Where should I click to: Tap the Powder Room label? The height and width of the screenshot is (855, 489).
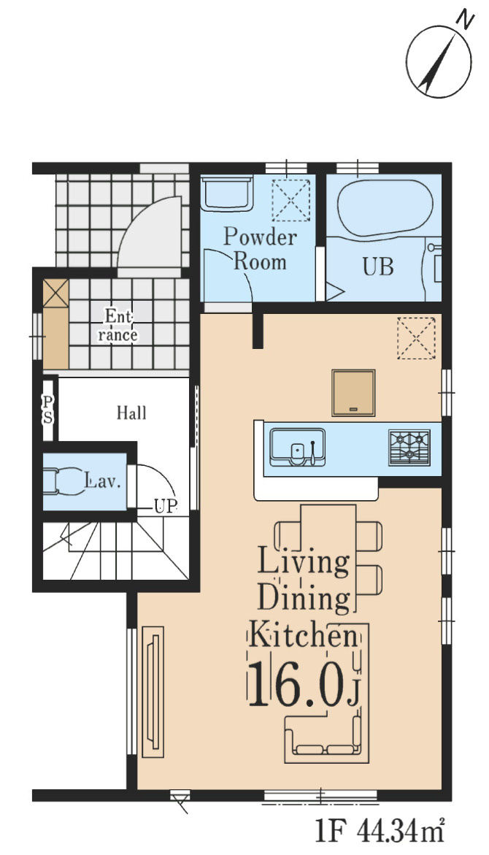(260, 249)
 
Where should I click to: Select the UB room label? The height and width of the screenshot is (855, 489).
(378, 267)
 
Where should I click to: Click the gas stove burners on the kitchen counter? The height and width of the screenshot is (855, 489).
(409, 448)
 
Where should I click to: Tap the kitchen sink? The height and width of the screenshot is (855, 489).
(297, 447)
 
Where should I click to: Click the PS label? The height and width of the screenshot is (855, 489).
(48, 410)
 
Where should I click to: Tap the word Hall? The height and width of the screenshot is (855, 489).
(131, 413)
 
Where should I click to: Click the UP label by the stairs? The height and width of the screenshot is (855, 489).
(165, 507)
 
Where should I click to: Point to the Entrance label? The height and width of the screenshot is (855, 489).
(118, 326)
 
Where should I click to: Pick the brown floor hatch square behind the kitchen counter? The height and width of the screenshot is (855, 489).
(354, 393)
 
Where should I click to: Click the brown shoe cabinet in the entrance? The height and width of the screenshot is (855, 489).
(55, 324)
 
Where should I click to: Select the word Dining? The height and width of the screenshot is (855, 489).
(303, 599)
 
